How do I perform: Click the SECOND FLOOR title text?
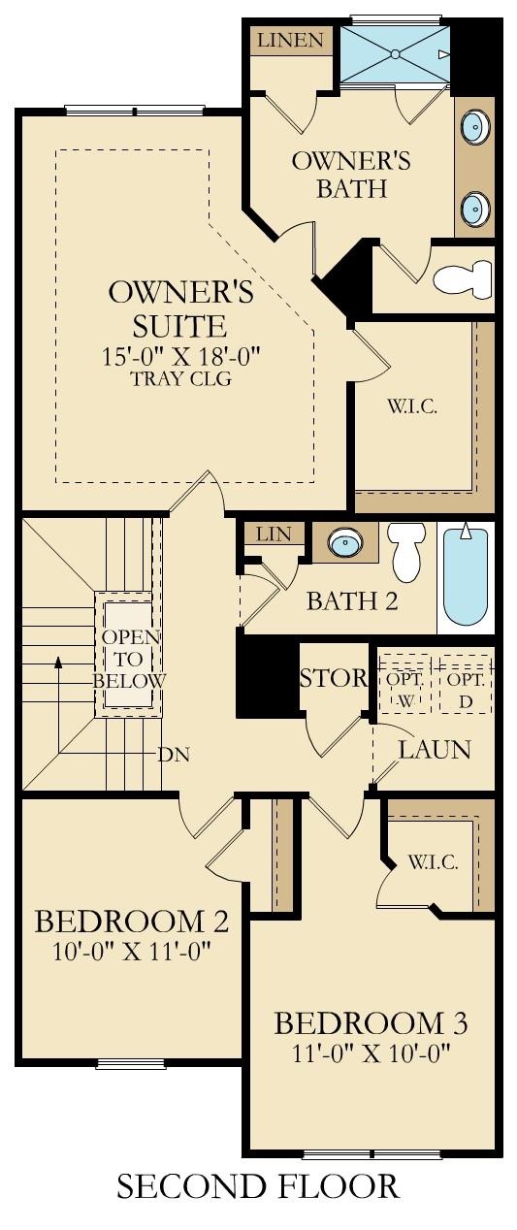tap(258, 1186)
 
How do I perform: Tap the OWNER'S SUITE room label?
tap(181, 307)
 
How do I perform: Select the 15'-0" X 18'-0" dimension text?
tap(181, 356)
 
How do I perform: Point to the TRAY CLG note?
tap(181, 378)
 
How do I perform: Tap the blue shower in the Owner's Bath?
tap(395, 54)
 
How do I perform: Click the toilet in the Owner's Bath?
tap(463, 279)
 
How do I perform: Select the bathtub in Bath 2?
tap(465, 576)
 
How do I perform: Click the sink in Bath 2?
tap(344, 543)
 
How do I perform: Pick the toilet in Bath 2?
tap(407, 550)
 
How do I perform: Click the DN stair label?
tap(172, 753)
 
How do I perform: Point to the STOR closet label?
tap(334, 678)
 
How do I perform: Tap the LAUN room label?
tap(435, 749)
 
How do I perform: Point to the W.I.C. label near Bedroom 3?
tap(433, 861)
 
